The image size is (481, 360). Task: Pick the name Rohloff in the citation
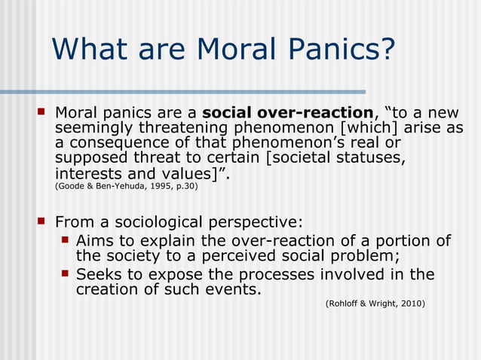click(x=343, y=304)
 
